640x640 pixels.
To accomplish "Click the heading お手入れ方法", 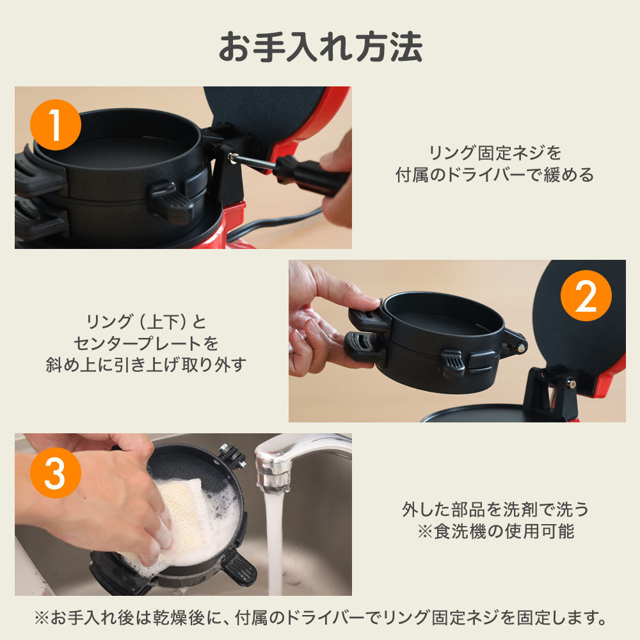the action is pos(321,47).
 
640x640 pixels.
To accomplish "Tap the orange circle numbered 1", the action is pos(56,125).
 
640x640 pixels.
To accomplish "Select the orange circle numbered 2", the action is pos(586,296).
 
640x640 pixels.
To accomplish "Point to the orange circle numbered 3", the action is pos(56,473).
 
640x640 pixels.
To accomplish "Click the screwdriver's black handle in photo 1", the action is pos(310,177).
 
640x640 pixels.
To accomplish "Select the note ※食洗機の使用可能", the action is pos(496,531).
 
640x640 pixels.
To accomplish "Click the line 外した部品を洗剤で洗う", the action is pos(495,509).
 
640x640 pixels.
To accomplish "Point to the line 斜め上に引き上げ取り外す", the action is pos(146,365).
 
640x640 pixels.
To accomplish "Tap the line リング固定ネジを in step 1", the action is pos(495,153).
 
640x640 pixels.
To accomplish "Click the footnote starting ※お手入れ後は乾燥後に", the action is pos(321,618).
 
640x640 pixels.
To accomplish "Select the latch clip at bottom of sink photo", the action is pos(239,566).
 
